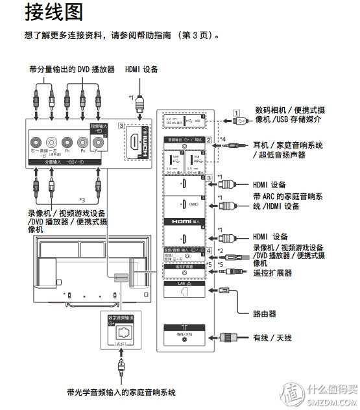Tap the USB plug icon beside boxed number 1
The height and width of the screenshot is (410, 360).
point(238,120)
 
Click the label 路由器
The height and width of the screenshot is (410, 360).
point(264,313)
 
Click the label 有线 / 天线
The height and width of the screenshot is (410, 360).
point(272,338)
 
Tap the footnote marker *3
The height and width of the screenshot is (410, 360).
point(81,199)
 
